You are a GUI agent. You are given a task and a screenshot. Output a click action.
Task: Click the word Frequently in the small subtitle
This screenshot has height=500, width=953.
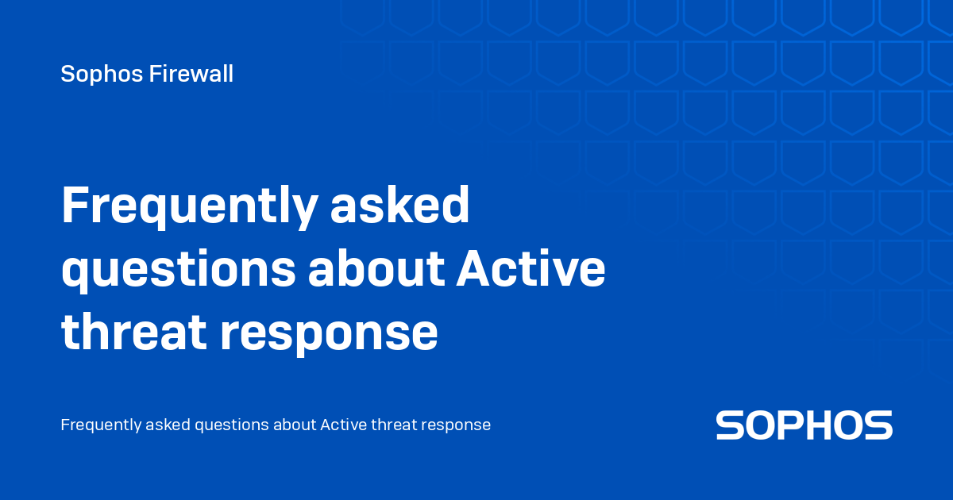coord(101,425)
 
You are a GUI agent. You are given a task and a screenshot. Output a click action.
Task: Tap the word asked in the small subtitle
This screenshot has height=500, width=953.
coord(168,425)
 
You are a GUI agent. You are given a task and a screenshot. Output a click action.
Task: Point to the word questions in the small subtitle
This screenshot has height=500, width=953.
coord(231,425)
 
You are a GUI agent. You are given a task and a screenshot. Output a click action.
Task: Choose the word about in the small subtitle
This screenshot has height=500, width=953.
coord(295,425)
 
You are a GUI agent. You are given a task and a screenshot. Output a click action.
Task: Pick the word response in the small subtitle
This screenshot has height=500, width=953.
coord(457,426)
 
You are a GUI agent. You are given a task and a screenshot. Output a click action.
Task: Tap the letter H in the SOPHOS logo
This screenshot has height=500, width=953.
coord(821,425)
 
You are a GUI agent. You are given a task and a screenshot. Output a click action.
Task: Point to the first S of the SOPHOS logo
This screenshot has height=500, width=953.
coord(731,425)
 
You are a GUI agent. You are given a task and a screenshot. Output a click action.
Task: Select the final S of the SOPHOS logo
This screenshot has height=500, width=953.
coord(878,425)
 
